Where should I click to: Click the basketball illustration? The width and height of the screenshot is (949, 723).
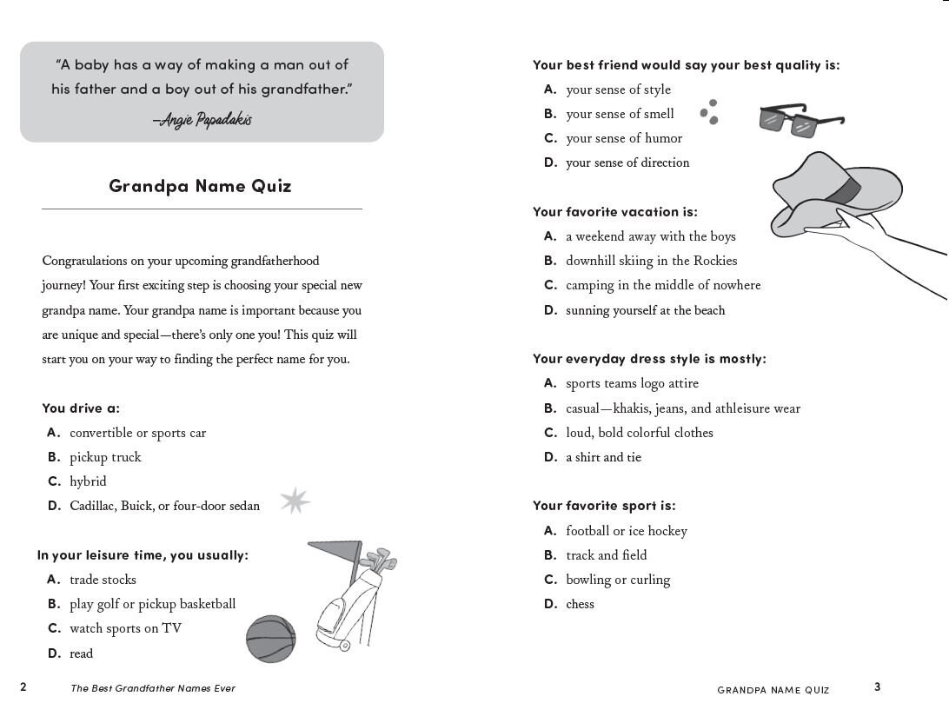(x=270, y=639)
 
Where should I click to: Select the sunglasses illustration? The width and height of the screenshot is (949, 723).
(x=801, y=120)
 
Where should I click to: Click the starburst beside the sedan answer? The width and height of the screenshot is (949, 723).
(x=295, y=501)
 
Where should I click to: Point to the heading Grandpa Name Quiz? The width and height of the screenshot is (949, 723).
(x=201, y=186)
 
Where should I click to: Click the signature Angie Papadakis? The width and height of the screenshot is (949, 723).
(x=202, y=120)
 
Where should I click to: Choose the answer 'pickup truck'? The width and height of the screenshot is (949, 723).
(x=105, y=457)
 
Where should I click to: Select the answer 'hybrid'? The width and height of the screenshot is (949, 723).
(x=88, y=481)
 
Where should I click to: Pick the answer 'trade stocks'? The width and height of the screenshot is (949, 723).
(x=103, y=580)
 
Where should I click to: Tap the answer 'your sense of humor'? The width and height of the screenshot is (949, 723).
(x=624, y=138)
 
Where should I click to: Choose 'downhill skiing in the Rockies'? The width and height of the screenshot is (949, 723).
(x=651, y=261)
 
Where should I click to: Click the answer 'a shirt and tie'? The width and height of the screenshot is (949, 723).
(x=603, y=457)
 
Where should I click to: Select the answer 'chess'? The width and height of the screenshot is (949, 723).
(x=580, y=605)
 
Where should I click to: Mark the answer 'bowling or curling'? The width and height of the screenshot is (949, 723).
(x=618, y=580)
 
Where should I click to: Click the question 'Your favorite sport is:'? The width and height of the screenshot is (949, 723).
(x=604, y=506)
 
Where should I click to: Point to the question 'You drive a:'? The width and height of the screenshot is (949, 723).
(x=81, y=408)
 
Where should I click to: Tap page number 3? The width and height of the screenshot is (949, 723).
(x=878, y=687)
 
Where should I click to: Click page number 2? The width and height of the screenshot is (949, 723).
(x=23, y=687)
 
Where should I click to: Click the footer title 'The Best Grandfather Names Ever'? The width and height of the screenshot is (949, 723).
(x=153, y=688)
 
